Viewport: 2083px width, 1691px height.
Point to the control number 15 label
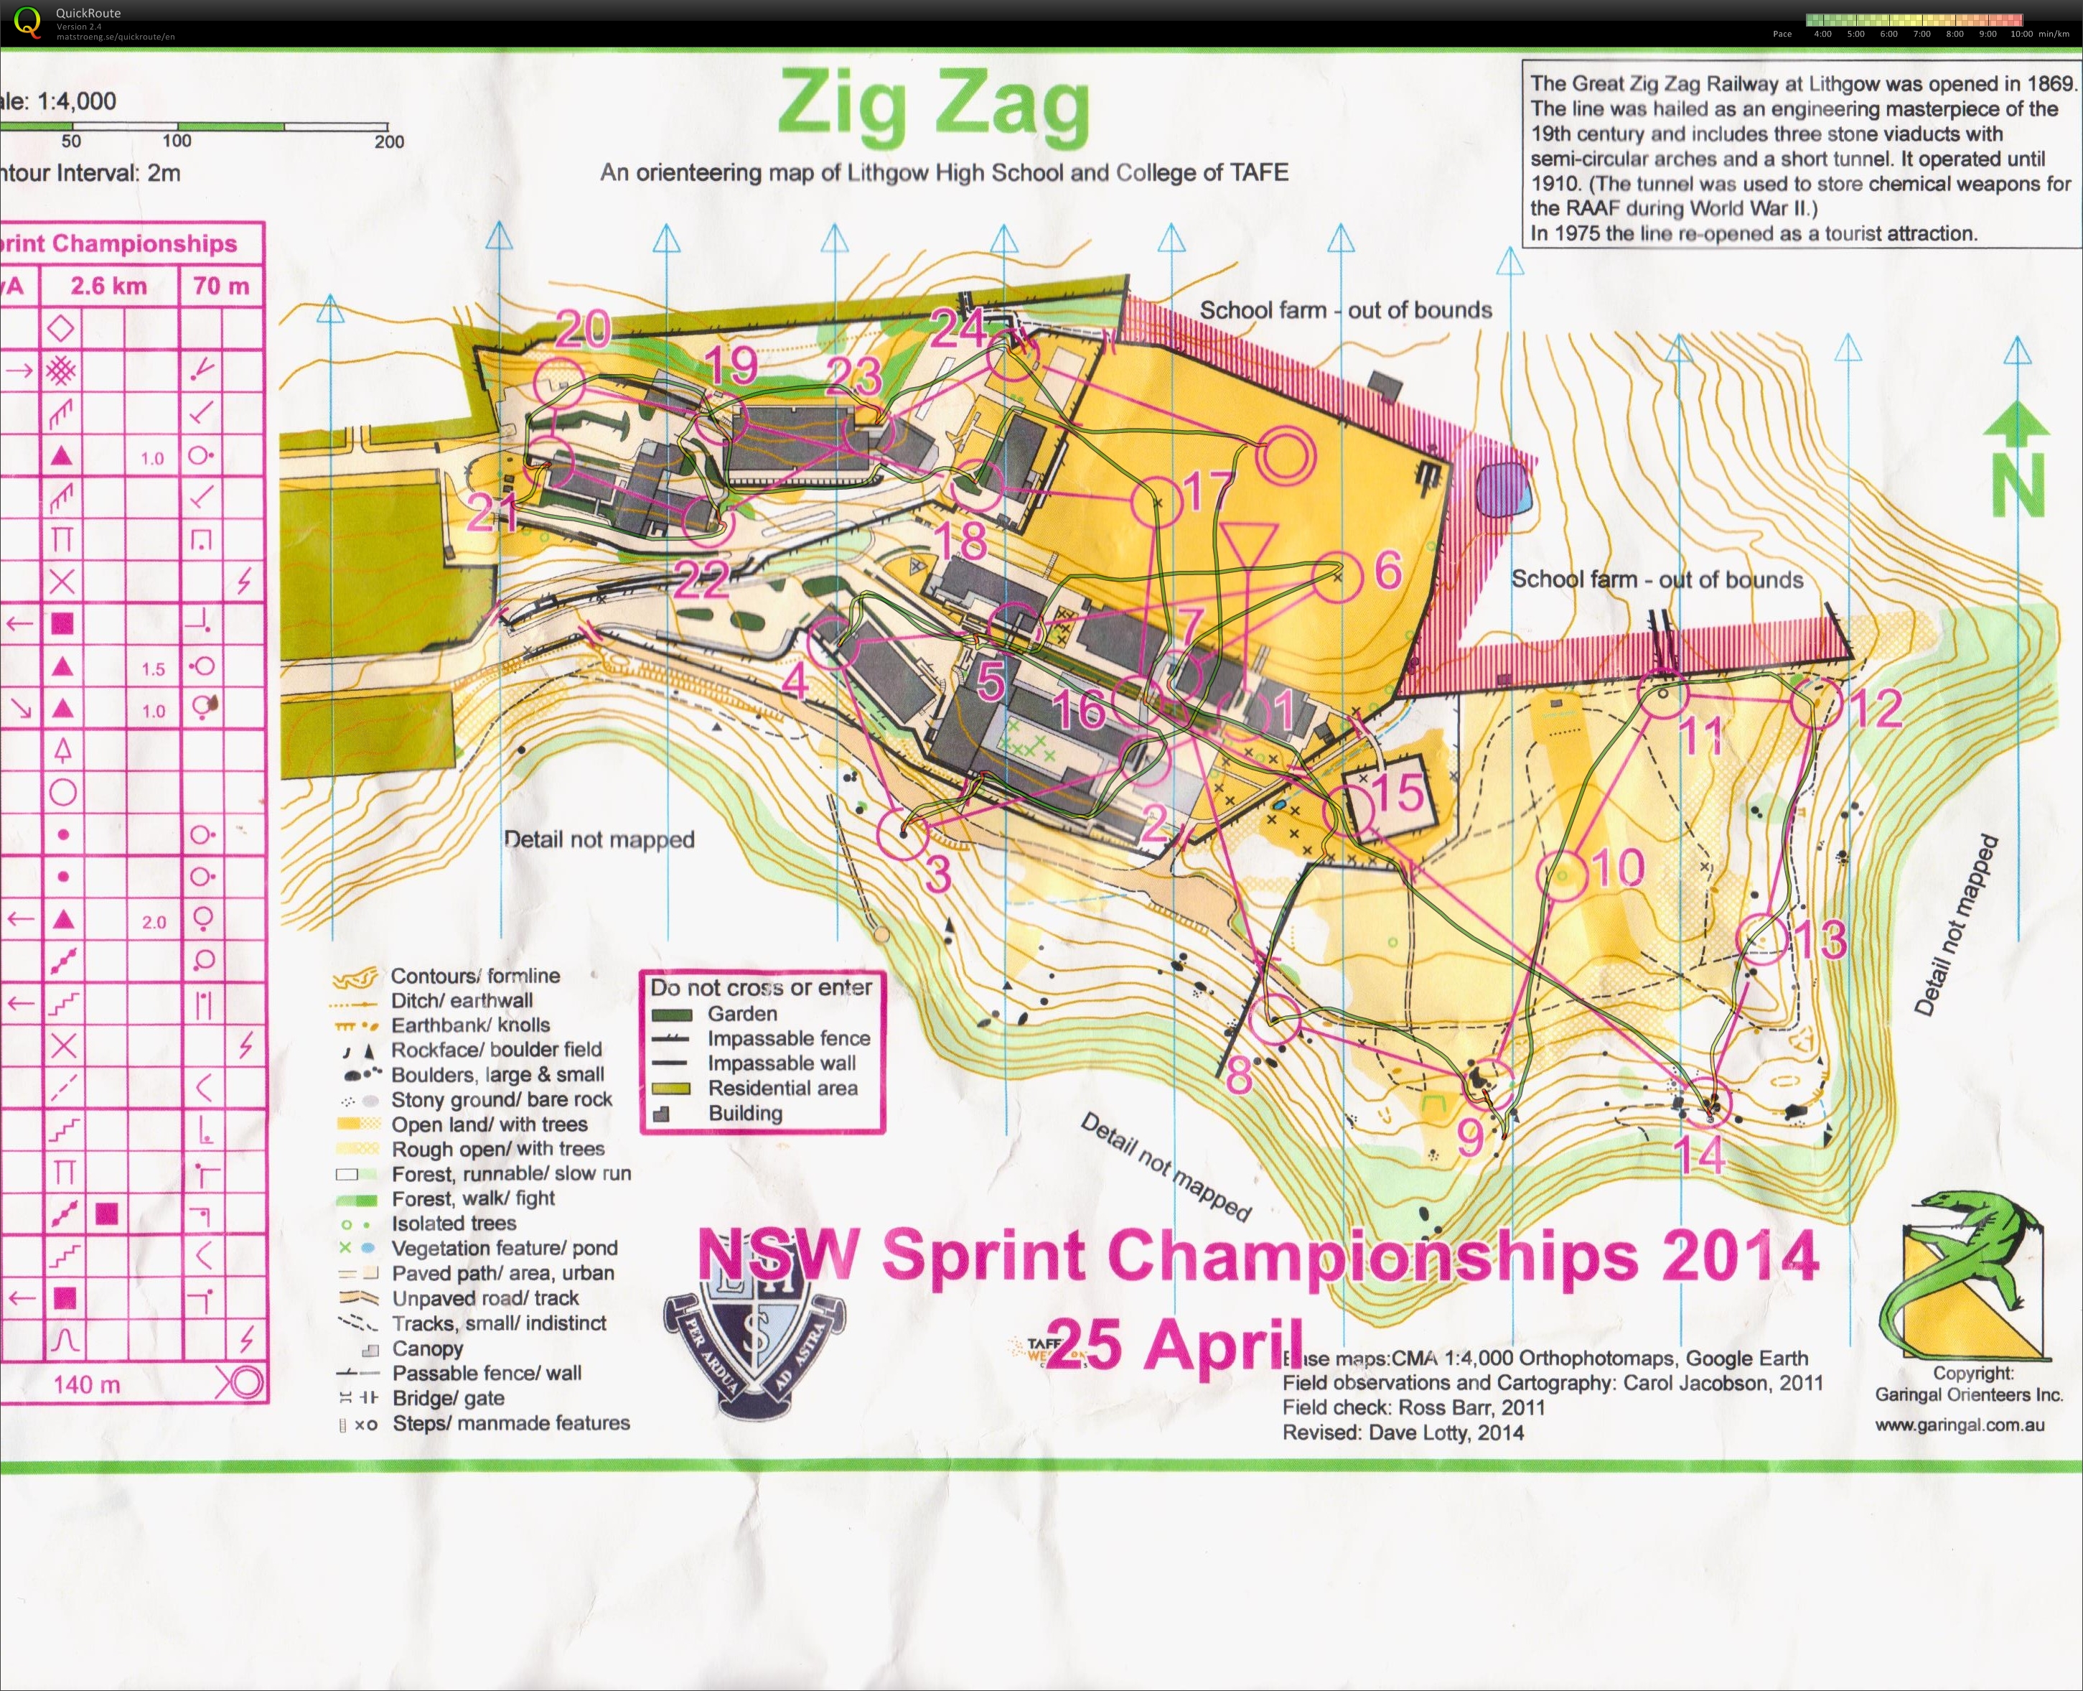click(1398, 792)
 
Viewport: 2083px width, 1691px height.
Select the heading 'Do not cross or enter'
click(761, 988)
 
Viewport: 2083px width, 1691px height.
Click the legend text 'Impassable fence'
click(788, 1038)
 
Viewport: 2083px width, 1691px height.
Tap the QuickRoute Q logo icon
click(27, 22)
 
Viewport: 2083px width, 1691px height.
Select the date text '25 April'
click(1174, 1343)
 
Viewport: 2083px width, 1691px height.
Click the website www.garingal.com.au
click(1960, 1425)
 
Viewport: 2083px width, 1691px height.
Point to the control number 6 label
click(1387, 570)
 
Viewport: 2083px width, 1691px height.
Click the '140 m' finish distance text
click(87, 1384)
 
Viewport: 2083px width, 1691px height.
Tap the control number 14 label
click(1699, 1155)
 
